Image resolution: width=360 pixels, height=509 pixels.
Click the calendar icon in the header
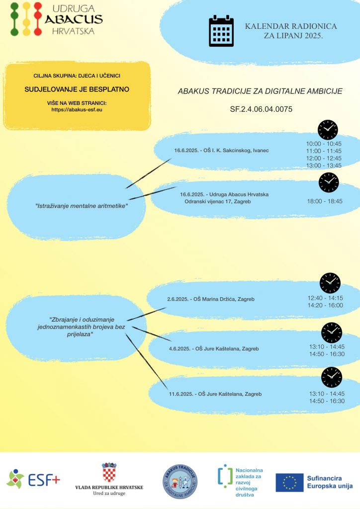[221, 31]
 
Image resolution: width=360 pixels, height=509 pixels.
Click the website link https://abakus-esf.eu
[77, 110]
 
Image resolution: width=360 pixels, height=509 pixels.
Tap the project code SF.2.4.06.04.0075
[261, 109]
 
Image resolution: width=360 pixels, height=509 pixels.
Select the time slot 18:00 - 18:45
[325, 201]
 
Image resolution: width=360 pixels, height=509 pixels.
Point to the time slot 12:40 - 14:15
[325, 298]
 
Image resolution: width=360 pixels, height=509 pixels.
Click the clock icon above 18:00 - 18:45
[329, 182]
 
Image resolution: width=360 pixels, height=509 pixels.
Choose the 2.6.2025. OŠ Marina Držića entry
[211, 299]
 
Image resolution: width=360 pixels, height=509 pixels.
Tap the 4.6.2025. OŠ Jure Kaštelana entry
[214, 348]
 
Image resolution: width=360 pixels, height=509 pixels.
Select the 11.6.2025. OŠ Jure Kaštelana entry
[215, 394]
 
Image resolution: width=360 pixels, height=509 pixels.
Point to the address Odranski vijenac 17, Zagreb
[217, 202]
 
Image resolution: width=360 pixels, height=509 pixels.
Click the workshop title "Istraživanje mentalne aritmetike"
[82, 206]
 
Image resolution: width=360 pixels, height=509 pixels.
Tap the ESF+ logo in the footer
[33, 479]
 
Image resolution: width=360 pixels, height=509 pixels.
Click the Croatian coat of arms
[109, 472]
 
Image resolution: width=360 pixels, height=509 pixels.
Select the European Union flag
[289, 482]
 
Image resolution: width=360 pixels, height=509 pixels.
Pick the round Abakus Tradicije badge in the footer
[180, 481]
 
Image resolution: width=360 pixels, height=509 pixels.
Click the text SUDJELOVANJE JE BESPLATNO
[77, 89]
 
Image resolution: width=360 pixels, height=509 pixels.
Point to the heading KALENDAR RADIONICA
[291, 26]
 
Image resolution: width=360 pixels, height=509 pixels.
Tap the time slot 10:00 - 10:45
[324, 144]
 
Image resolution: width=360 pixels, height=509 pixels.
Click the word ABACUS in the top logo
[74, 19]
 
